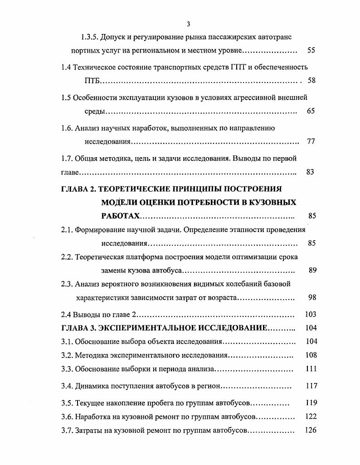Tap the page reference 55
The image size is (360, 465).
pos(311,50)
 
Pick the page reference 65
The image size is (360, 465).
pos(311,111)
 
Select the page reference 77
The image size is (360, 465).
pos(311,141)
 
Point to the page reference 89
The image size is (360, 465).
pos(311,271)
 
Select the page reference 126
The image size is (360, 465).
pos(311,430)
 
